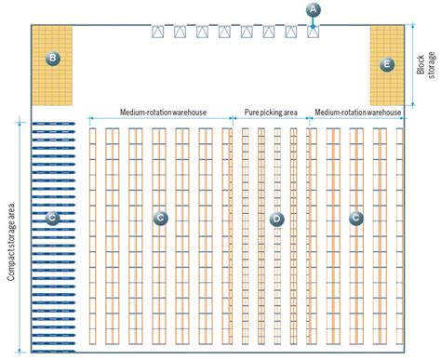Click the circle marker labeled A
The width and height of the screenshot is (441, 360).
point(314,9)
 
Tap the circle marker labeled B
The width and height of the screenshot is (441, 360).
point(53,59)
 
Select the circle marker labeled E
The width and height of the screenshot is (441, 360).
point(388,64)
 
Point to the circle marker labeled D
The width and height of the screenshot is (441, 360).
point(275,219)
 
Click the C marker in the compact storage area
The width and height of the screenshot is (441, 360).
point(53,219)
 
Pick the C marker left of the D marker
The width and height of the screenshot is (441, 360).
point(160,219)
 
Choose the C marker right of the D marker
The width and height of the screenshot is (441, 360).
point(355,219)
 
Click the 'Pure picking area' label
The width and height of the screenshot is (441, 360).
point(270,113)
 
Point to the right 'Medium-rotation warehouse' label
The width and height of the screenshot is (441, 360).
point(358,113)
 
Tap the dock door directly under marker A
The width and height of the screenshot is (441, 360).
point(314,32)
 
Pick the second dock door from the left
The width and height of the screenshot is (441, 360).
point(180,32)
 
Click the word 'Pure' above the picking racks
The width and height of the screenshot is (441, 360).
point(251,113)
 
